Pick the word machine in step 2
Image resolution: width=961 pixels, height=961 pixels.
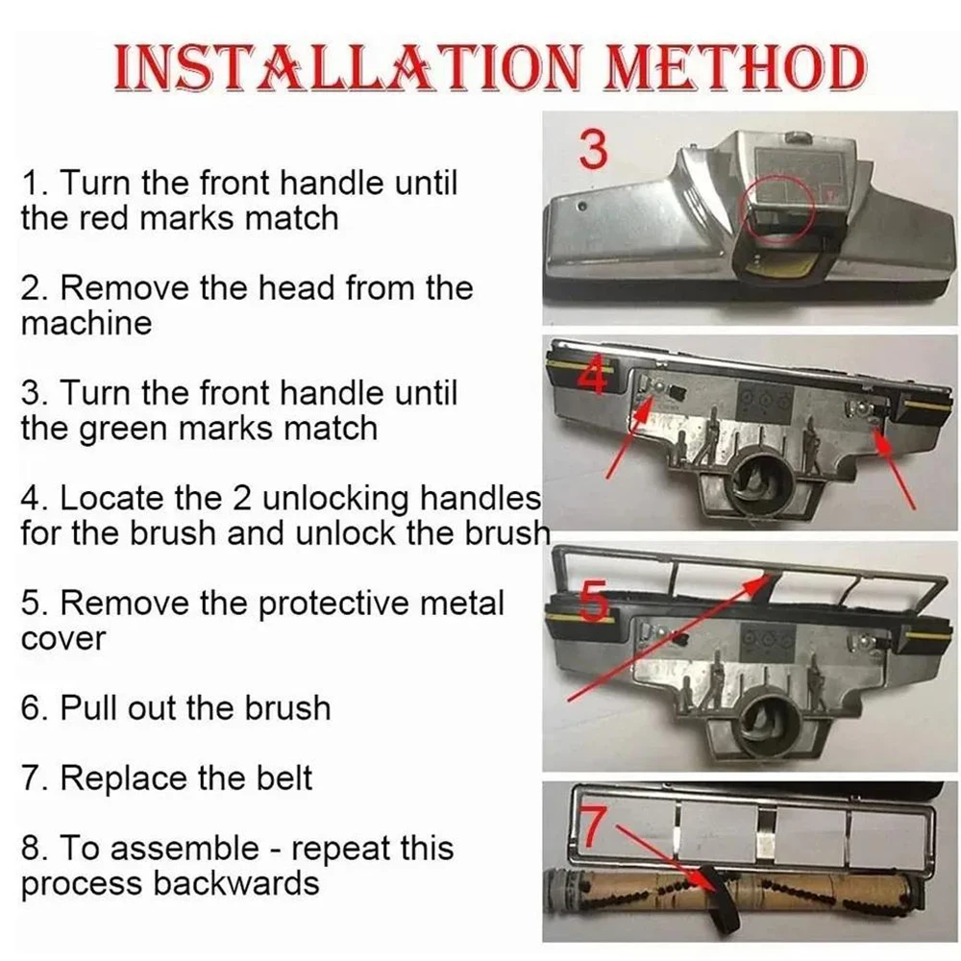coord(86,323)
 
